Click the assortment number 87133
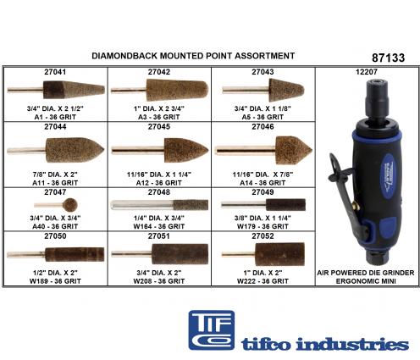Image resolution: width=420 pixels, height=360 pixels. click(x=388, y=58)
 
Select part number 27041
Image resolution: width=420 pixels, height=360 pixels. click(x=55, y=72)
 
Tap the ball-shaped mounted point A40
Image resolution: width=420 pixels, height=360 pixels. click(x=70, y=205)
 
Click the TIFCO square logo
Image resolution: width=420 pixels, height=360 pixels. click(x=212, y=330)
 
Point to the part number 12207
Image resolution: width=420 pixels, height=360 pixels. click(x=367, y=72)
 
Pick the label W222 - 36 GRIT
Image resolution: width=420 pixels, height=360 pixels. click(x=262, y=281)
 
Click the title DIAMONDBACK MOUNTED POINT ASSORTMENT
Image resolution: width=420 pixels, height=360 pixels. click(x=193, y=56)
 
